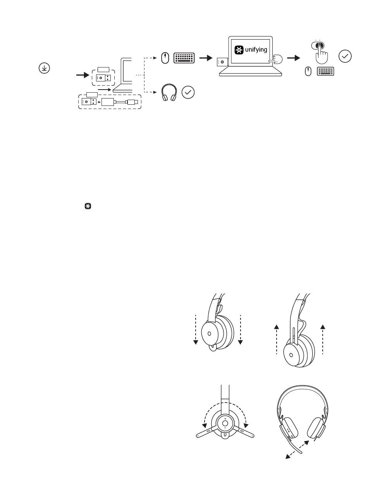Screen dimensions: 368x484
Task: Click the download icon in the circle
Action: click(x=44, y=68)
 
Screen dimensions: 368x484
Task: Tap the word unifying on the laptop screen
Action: click(x=256, y=50)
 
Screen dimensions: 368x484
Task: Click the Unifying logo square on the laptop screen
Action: click(x=239, y=50)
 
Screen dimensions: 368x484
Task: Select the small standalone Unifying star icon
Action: click(x=88, y=206)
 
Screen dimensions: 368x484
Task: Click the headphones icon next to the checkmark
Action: click(x=169, y=92)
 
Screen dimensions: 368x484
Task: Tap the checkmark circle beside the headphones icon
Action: click(x=188, y=92)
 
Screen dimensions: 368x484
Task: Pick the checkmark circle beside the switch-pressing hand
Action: click(x=345, y=57)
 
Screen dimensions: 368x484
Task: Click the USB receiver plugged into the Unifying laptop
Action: click(x=222, y=62)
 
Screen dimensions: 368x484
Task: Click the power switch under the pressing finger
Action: click(x=318, y=46)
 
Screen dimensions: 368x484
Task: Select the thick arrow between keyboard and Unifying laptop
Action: click(x=206, y=58)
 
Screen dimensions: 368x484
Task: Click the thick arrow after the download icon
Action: click(x=83, y=75)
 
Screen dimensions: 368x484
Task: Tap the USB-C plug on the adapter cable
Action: click(x=132, y=102)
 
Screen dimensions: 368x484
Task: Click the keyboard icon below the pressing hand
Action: click(x=325, y=71)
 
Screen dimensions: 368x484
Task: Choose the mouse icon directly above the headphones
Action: click(x=165, y=58)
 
